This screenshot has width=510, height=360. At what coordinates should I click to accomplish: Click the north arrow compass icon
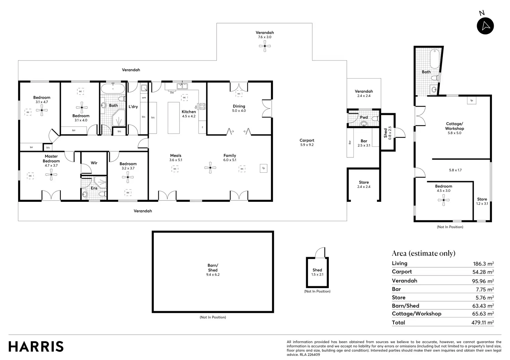tap(485, 25)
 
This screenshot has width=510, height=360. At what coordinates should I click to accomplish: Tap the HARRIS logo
tap(36, 346)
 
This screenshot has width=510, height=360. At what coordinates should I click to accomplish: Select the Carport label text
tap(307, 142)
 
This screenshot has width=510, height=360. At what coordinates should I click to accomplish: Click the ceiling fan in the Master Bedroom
tap(51, 175)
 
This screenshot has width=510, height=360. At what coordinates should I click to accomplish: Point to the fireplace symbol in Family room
tap(263, 168)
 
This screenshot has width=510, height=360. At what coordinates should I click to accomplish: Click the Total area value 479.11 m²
tap(483, 323)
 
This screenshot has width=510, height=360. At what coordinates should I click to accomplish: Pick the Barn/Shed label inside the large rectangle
tap(213, 270)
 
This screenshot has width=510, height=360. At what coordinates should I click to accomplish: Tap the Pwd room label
tap(364, 117)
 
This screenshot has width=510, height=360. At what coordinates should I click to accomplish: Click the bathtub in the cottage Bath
tap(434, 59)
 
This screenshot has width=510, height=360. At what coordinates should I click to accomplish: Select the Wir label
tap(94, 163)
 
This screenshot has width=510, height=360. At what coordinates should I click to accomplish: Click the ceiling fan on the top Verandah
tap(265, 46)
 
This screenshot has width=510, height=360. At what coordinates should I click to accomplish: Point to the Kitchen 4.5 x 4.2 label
tap(189, 114)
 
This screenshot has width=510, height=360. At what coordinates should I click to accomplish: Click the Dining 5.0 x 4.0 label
tap(239, 108)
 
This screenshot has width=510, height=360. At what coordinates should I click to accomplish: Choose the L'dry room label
tap(133, 107)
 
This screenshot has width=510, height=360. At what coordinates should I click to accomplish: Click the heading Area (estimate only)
tap(423, 253)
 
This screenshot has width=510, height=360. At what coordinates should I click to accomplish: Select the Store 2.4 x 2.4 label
tap(364, 184)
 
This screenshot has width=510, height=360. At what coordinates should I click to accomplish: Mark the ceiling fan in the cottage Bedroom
tap(443, 200)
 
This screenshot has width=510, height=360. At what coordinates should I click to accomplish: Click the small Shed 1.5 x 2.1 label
tap(317, 272)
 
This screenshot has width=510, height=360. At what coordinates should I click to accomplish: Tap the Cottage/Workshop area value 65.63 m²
tap(483, 314)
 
